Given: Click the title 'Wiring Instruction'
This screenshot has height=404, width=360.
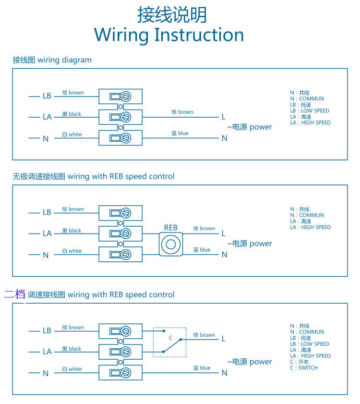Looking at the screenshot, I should [x=169, y=35].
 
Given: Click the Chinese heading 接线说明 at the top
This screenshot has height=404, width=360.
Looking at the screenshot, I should [x=172, y=14].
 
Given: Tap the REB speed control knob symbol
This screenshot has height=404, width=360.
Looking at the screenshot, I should [x=171, y=244].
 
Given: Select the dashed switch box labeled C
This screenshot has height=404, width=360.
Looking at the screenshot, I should [x=169, y=342].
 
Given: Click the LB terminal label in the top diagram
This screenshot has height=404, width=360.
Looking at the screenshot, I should [x=47, y=96].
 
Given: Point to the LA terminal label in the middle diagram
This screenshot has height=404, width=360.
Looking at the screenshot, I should [x=47, y=233].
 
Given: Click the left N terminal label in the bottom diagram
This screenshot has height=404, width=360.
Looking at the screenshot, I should [x=46, y=373].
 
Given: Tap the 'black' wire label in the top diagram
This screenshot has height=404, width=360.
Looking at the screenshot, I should [x=72, y=114].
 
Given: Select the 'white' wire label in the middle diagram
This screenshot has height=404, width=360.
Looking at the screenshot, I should [x=72, y=251].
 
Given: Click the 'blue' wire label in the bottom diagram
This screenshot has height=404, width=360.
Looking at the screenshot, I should [x=202, y=368].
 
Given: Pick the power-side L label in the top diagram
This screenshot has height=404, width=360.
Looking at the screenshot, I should [x=223, y=117].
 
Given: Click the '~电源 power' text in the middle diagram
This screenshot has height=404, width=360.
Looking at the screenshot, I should [x=249, y=244].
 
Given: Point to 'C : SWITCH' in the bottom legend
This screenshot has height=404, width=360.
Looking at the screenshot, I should [x=304, y=368].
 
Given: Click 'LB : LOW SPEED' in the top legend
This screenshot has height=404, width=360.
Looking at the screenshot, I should [x=310, y=110].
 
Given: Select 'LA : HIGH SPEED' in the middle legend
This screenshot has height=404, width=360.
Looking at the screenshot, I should [x=310, y=227].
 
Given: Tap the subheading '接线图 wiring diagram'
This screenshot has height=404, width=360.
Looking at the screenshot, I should [x=52, y=60].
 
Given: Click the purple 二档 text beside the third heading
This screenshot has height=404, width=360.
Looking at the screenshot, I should [x=14, y=294].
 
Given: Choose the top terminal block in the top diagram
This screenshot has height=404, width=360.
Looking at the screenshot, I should [x=120, y=96].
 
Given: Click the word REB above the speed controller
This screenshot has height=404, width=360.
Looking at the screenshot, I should [x=170, y=228].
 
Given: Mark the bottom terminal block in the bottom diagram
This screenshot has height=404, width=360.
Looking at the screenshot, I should [x=120, y=373].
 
